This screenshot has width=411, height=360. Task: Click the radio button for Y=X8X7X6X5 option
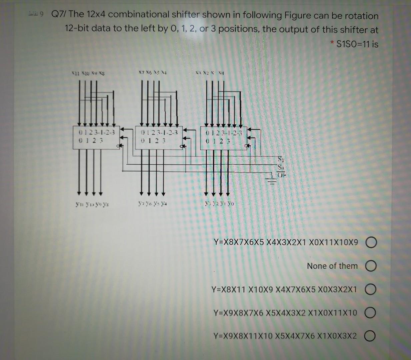372,242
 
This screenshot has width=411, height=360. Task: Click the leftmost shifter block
96,137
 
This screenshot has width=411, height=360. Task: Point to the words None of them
332,266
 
